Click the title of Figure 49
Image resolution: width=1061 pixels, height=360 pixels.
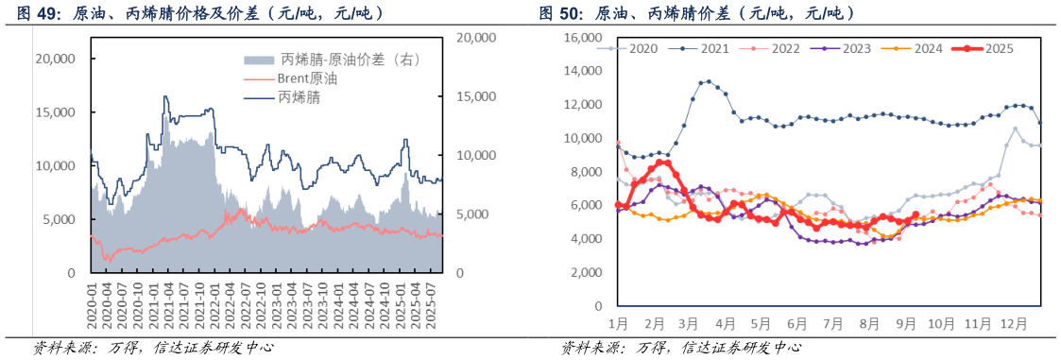[199, 13]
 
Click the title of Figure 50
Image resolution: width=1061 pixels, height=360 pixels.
[698, 13]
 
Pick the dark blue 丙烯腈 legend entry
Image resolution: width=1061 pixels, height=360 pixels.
[298, 98]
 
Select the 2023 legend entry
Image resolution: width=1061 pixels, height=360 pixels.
[854, 48]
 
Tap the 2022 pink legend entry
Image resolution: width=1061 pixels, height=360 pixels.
[784, 48]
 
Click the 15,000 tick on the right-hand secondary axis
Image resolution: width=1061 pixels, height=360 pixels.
[475, 96]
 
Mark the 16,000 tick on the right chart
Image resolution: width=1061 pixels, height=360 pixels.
[583, 37]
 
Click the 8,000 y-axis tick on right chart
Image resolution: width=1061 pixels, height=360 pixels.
[586, 171]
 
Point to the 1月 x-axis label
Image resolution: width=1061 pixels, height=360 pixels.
[619, 323]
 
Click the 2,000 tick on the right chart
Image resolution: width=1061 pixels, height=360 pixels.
[586, 272]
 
